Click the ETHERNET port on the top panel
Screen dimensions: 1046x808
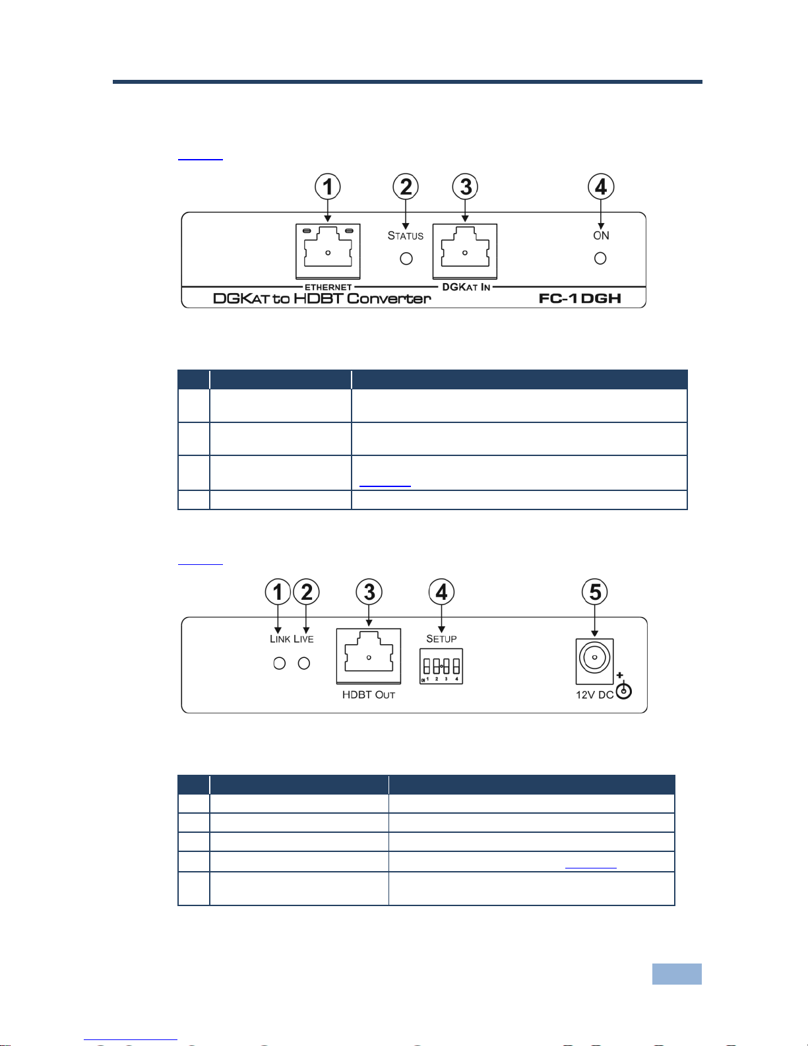(x=328, y=251)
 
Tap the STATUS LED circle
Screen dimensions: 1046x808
(x=406, y=259)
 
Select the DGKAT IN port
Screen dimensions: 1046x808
(x=464, y=251)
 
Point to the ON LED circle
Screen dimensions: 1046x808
(x=600, y=259)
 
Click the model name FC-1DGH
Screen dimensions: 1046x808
(x=580, y=298)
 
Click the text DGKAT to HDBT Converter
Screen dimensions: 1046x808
(x=322, y=298)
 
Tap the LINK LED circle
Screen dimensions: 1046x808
(x=280, y=663)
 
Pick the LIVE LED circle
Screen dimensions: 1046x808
(x=304, y=663)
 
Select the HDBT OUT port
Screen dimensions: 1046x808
(x=369, y=656)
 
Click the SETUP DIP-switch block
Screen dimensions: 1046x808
(x=441, y=667)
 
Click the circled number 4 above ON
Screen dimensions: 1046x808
(x=601, y=187)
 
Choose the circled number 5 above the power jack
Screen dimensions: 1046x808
(x=595, y=592)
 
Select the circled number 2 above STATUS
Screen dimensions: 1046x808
(x=406, y=187)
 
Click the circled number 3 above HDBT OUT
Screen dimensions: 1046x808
(x=369, y=592)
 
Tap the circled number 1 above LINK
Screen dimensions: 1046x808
(x=278, y=592)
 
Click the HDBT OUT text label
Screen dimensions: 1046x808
(x=368, y=695)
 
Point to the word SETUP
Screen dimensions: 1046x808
(x=441, y=639)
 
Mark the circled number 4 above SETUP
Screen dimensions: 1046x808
(x=441, y=592)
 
